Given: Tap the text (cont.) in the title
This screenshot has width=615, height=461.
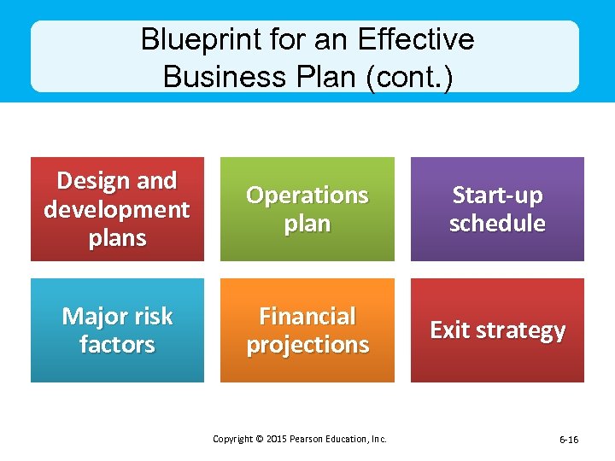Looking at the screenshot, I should [408, 76].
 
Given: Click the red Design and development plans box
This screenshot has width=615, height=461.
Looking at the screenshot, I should [117, 209].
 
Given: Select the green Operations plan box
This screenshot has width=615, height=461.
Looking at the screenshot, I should [307, 209].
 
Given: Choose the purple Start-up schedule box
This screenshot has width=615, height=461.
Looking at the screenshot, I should [497, 209].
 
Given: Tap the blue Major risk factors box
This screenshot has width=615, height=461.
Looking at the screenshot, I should [117, 330].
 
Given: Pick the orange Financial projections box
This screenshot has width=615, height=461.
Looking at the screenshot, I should [307, 330].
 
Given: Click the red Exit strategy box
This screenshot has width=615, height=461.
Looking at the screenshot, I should [497, 330].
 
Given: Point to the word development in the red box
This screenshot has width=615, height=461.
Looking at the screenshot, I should [117, 209].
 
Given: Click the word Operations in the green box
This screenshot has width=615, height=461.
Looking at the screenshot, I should [307, 195].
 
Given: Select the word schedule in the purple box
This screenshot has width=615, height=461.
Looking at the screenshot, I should [497, 224].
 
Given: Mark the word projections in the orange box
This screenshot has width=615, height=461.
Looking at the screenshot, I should [307, 345].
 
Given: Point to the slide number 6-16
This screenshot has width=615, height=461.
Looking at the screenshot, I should [568, 440].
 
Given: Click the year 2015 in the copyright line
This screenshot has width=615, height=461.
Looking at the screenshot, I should [275, 439].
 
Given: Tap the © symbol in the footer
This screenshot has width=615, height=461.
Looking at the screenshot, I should [257, 439].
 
